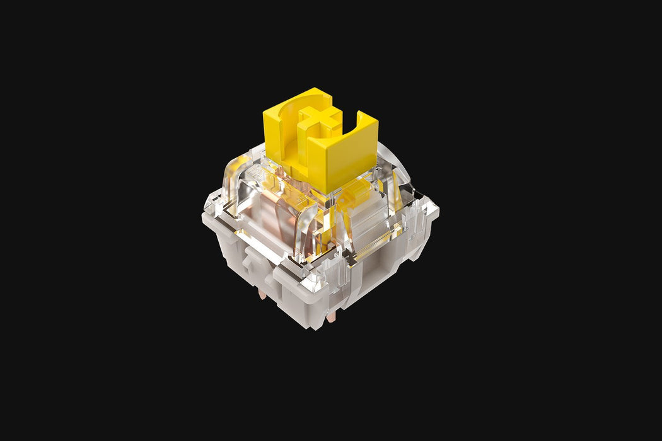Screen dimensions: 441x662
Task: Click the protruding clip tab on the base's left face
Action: pyautogui.click(x=252, y=258)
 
